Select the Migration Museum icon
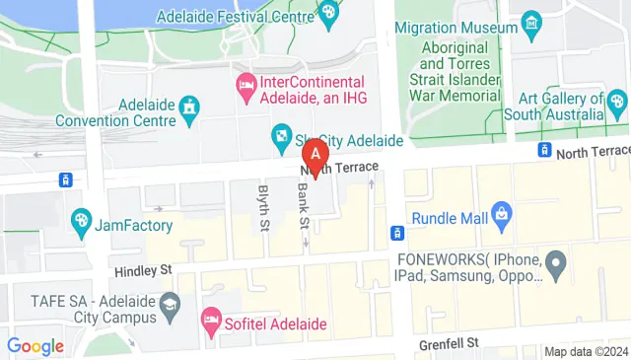click(x=532, y=22)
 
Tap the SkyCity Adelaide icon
click(x=281, y=137)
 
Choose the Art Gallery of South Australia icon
click(x=617, y=100)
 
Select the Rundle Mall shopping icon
click(x=502, y=212)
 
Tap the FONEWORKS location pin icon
click(x=556, y=264)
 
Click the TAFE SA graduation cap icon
click(x=171, y=304)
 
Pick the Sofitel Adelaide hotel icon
click(x=210, y=320)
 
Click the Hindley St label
click(x=145, y=268)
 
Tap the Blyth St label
click(x=263, y=208)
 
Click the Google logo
click(x=35, y=346)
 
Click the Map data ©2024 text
click(x=586, y=351)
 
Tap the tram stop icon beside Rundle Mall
click(x=396, y=233)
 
